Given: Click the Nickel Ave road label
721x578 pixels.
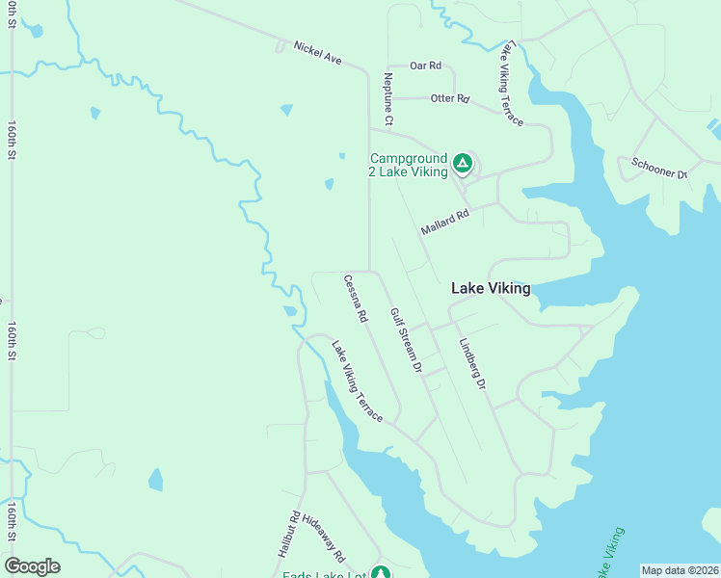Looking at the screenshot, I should (318, 52).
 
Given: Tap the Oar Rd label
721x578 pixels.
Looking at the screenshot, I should (425, 66).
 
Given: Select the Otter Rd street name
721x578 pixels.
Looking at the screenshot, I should (449, 98).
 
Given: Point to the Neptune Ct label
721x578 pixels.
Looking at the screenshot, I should (388, 99).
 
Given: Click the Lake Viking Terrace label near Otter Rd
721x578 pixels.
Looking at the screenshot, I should (510, 84).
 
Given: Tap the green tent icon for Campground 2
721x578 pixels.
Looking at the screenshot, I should (463, 164).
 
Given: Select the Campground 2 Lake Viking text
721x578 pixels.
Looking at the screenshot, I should (408, 165).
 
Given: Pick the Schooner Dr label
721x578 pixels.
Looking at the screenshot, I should (658, 168).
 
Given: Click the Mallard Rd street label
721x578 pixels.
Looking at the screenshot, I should (444, 223).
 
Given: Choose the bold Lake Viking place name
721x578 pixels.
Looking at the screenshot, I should (491, 288).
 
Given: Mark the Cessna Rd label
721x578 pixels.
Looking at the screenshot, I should (356, 298).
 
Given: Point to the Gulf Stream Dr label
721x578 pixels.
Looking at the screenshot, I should (406, 340).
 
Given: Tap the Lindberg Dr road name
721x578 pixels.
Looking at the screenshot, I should (472, 363).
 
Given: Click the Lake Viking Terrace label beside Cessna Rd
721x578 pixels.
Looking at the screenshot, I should (358, 381).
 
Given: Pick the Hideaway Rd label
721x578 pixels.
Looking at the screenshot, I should (323, 537).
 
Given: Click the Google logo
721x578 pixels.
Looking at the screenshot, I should (32, 566).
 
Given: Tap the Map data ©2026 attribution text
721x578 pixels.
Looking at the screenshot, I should (680, 570).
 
